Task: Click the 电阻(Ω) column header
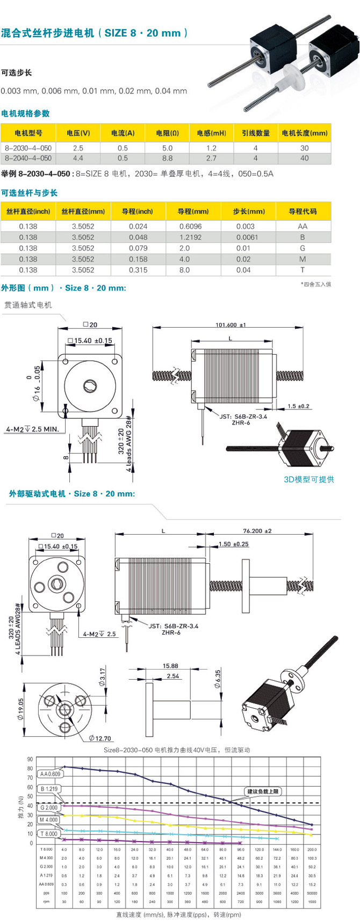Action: click(167, 133)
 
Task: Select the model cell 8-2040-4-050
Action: click(28, 159)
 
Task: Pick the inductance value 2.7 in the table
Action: click(211, 159)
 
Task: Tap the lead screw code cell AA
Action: click(303, 226)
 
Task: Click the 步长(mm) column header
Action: click(248, 211)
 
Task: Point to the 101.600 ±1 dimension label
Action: click(230, 325)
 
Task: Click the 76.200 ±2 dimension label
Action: click(257, 531)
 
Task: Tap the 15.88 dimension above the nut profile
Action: click(170, 666)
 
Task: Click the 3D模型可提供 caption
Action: click(309, 479)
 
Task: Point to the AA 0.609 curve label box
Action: click(50, 774)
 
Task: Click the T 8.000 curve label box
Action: click(48, 834)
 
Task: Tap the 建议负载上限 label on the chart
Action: click(263, 792)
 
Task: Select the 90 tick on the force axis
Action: click(30, 759)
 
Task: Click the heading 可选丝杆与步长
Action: click(29, 193)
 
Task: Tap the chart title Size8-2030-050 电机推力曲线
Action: click(176, 750)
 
